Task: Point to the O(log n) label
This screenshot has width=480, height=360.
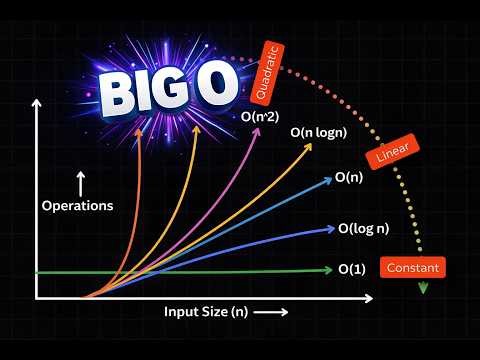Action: tap(365, 230)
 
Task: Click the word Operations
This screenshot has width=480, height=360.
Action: tap(77, 207)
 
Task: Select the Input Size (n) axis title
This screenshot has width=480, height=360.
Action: tap(206, 312)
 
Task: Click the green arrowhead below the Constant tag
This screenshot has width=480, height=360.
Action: tap(422, 288)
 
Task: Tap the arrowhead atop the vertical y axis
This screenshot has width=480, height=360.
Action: tap(37, 103)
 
